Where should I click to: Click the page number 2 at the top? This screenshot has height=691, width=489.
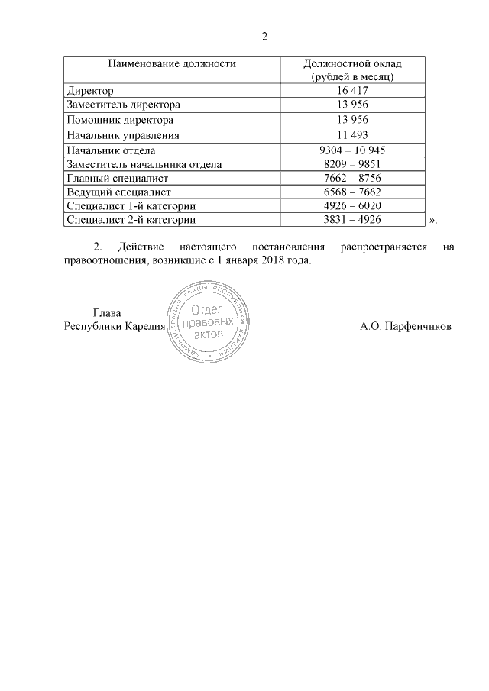click(x=264, y=37)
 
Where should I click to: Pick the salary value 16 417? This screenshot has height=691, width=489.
click(x=352, y=90)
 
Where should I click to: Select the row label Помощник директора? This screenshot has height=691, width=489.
click(x=120, y=120)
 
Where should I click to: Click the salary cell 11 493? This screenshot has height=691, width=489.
click(x=352, y=135)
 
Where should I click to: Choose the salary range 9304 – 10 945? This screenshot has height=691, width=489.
click(x=352, y=150)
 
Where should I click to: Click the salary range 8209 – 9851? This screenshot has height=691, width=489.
click(x=352, y=164)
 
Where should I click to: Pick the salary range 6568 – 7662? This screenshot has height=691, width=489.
click(x=352, y=192)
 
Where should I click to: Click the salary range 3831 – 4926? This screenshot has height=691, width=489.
click(x=352, y=219)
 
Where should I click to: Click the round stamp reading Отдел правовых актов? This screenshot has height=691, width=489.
click(x=207, y=322)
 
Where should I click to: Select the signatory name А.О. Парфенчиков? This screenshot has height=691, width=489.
click(x=405, y=326)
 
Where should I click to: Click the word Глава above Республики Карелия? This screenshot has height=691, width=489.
click(x=107, y=313)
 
